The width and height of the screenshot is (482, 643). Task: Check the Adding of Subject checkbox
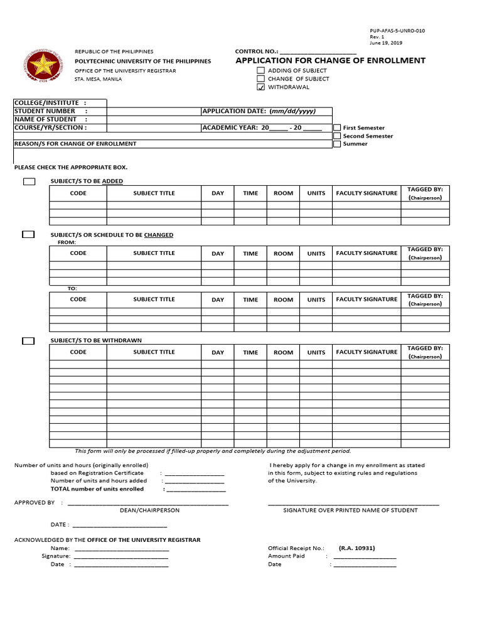[x=260, y=71]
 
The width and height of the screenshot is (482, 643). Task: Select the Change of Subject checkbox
[x=260, y=79]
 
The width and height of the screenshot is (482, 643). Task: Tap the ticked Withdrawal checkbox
[x=260, y=87]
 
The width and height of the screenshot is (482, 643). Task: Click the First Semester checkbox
[x=337, y=127]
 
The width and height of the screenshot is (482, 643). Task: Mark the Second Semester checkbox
[x=337, y=136]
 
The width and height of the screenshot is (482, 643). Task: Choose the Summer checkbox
[x=337, y=144]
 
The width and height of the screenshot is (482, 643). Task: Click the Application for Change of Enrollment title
[x=330, y=61]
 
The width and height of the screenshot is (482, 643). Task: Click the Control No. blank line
[x=318, y=52]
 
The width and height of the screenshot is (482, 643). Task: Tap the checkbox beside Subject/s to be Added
[x=29, y=181]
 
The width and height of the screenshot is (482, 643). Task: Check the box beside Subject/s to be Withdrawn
[x=28, y=341]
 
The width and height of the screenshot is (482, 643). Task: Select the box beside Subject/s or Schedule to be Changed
[x=28, y=235]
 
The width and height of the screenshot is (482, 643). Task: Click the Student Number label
[x=45, y=111]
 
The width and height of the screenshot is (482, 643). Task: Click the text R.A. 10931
[x=356, y=548]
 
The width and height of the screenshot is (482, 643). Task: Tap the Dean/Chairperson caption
[x=149, y=511]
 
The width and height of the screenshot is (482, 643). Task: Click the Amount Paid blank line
[x=365, y=556]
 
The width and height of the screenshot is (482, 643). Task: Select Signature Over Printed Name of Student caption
[x=350, y=511]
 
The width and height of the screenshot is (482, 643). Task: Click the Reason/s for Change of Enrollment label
[x=75, y=144]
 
